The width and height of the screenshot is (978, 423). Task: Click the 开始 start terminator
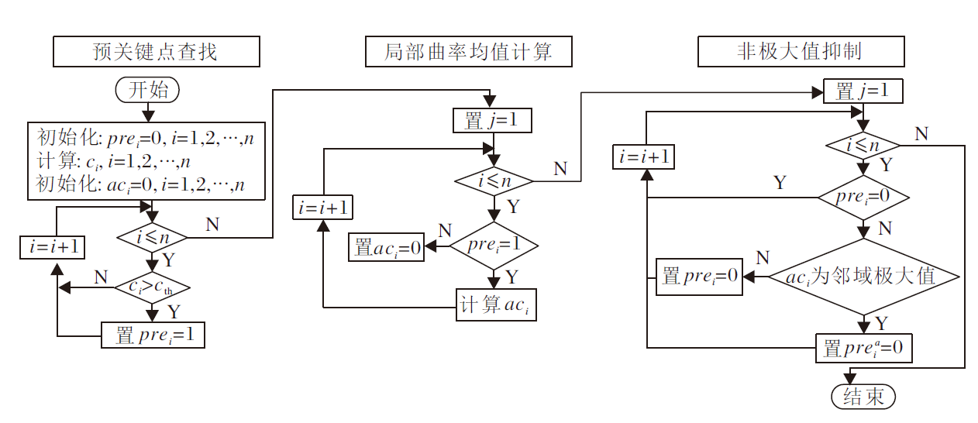(147, 89)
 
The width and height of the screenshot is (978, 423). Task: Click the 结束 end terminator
(863, 397)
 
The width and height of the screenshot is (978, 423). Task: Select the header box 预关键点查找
(155, 53)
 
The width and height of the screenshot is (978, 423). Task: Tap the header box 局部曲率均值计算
(468, 53)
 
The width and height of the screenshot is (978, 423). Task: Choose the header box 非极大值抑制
(801, 53)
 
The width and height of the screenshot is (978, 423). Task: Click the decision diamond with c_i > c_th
(152, 287)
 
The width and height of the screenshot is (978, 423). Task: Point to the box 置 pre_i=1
(153, 335)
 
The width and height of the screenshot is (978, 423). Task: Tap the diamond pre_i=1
(494, 246)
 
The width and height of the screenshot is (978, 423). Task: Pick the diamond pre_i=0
(863, 197)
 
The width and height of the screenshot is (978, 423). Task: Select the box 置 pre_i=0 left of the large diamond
(700, 277)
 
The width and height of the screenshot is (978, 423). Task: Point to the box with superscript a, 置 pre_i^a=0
(863, 348)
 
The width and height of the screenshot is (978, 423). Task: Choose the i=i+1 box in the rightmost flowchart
(643, 156)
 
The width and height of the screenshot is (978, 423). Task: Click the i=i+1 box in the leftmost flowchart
(52, 246)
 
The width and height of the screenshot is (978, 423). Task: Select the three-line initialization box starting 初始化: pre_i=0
(147, 160)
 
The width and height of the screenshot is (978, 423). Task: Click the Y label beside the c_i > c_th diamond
(174, 312)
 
